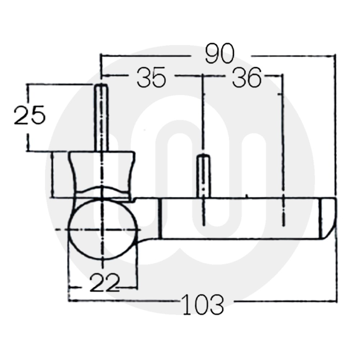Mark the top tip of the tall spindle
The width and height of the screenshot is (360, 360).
click(x=102, y=85)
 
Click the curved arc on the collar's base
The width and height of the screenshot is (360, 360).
click(x=103, y=189)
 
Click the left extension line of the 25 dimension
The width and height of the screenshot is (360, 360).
click(x=27, y=117)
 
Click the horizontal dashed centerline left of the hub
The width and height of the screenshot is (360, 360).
click(x=61, y=229)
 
